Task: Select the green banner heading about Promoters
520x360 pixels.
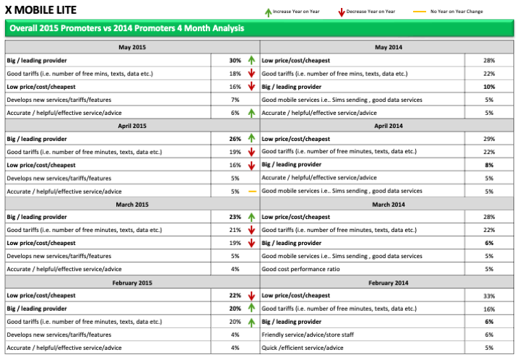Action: pos(125,28)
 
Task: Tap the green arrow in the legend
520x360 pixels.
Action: pos(268,12)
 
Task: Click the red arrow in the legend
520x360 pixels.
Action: pos(341,12)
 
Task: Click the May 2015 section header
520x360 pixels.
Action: pos(131,48)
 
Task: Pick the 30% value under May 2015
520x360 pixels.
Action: pos(235,61)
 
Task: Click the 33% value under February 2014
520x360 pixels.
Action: pos(489,296)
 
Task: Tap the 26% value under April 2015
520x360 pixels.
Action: pos(235,139)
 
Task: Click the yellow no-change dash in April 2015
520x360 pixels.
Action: pos(252,191)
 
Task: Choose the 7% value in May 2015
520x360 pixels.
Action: pos(235,100)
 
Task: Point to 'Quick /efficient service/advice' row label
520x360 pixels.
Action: pos(303,348)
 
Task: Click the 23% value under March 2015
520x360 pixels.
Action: pos(235,217)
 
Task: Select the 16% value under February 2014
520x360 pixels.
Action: pos(489,309)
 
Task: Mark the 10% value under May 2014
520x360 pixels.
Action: pos(489,87)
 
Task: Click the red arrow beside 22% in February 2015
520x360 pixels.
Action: pos(252,296)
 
